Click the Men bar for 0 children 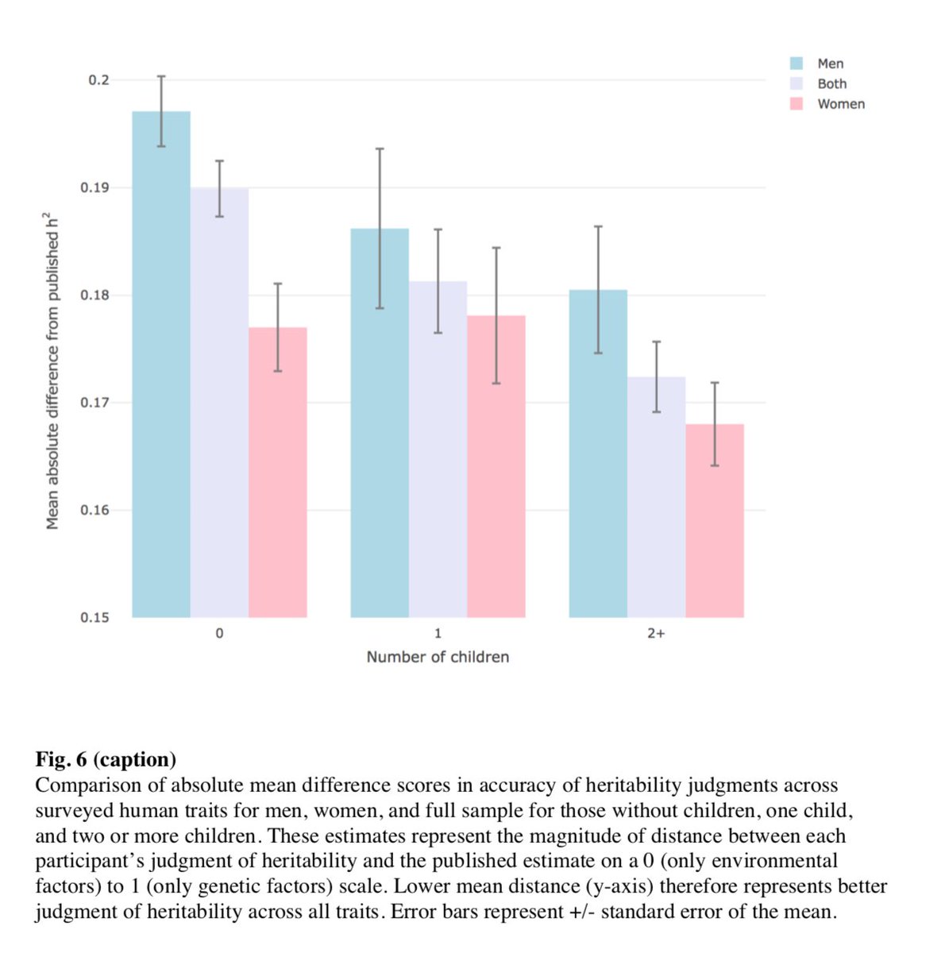[x=161, y=365]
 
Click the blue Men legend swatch [x=796, y=64]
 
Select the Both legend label [x=831, y=84]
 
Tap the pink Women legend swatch [x=796, y=104]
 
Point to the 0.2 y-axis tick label [x=98, y=80]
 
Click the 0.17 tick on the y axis [x=95, y=403]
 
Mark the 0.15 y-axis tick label [x=95, y=618]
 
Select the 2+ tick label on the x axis [x=656, y=634]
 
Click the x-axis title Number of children [x=438, y=657]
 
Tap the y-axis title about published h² [x=52, y=370]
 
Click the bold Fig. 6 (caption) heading [x=106, y=759]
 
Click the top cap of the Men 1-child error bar [x=380, y=149]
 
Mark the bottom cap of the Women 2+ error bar [x=715, y=465]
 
